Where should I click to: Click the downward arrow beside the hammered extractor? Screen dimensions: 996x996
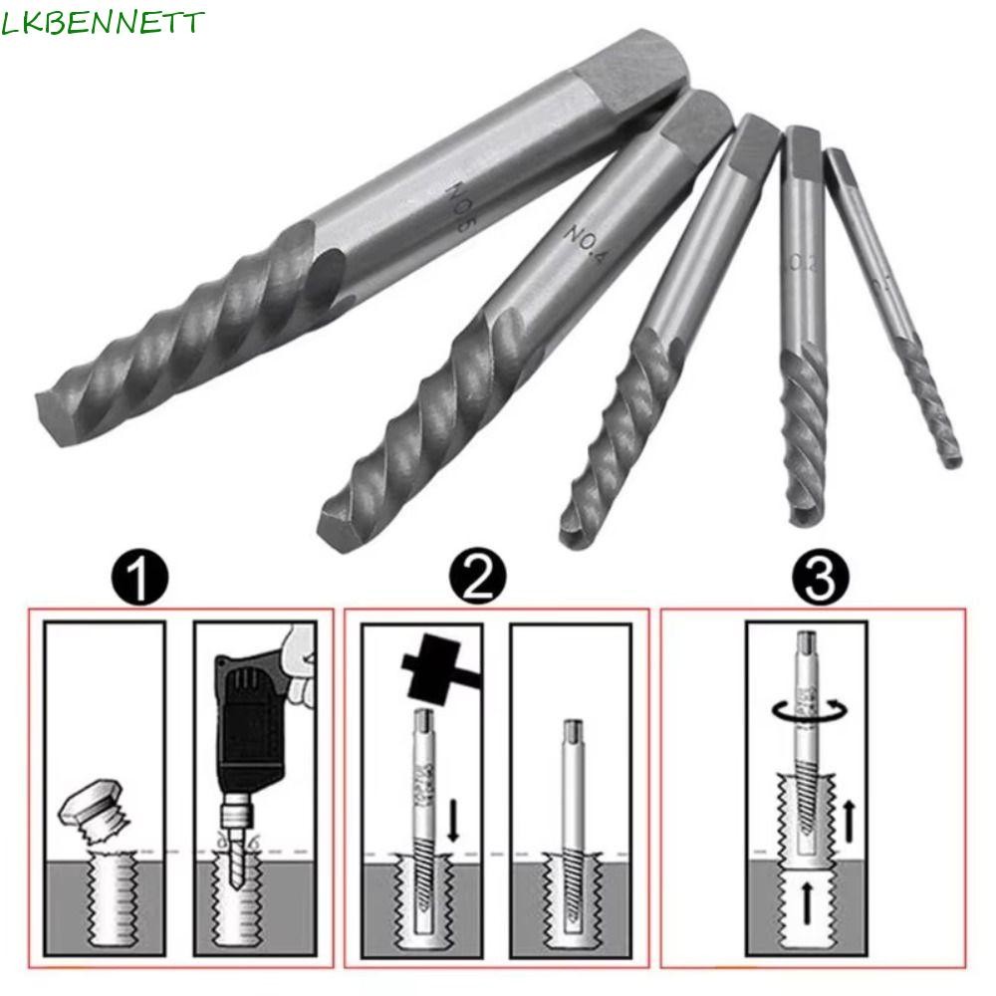(x=453, y=798)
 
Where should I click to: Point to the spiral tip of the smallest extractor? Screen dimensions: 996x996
(x=946, y=448)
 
